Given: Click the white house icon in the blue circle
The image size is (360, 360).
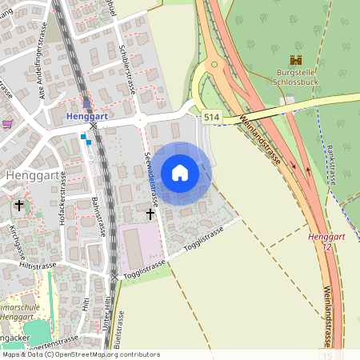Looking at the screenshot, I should [180, 173].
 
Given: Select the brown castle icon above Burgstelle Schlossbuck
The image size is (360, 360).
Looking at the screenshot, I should [295, 60].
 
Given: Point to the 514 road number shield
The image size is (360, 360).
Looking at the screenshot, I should [210, 117].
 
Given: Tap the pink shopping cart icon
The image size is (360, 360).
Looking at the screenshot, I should [7, 123].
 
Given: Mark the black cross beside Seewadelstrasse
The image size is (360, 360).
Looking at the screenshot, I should [150, 214].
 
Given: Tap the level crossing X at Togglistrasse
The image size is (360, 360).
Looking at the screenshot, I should [114, 277].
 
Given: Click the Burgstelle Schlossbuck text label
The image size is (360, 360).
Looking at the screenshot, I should [297, 77].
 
